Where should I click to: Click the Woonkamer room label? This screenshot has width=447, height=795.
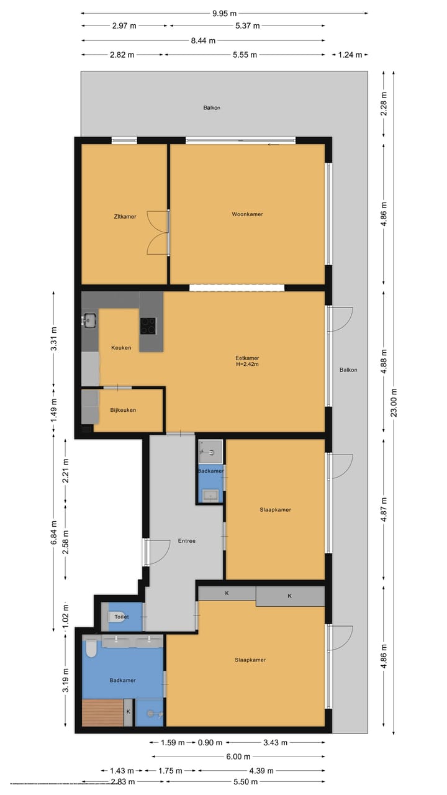point(247,214)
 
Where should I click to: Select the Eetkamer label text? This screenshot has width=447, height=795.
point(247,358)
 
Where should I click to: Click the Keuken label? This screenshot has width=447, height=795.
point(121,348)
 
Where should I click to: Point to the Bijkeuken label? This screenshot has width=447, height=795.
point(123,410)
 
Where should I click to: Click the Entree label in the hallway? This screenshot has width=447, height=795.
point(186,541)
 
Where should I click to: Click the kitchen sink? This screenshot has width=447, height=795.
point(89,320)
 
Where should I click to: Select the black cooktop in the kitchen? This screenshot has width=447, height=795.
point(148,325)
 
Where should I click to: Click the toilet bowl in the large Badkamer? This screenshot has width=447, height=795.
point(91,649)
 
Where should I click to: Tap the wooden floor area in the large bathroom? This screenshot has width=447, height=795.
point(102,712)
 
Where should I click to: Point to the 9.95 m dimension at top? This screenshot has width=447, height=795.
point(223,13)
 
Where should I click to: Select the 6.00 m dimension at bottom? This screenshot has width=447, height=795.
point(238,756)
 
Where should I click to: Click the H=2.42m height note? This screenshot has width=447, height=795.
point(247,365)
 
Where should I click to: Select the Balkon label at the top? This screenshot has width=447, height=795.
point(212,107)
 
